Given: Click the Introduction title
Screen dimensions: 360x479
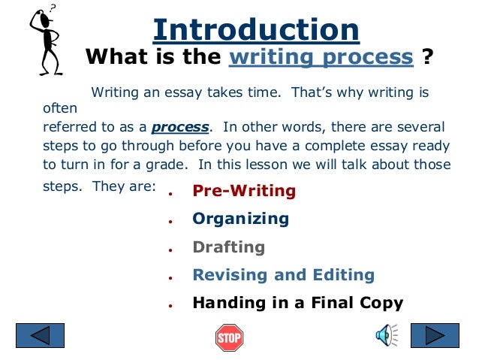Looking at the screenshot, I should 256,30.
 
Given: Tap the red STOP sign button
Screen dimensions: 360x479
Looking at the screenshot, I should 230,337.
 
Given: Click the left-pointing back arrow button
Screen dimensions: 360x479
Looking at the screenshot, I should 41,335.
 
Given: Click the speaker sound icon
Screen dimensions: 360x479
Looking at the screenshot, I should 386,335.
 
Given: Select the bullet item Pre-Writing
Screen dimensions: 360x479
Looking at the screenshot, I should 244,191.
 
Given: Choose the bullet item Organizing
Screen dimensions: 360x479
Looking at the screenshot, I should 240,219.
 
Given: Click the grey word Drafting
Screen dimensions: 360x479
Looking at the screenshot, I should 228,247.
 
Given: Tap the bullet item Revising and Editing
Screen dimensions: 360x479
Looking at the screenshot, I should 283,275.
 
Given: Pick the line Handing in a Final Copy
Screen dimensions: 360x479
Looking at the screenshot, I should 297,304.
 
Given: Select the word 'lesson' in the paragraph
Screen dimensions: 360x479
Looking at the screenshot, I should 258,165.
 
